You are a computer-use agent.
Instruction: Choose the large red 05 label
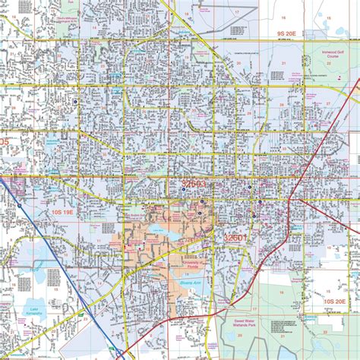pos(5,142)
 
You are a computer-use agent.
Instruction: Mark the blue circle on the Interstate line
pos(19,205)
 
